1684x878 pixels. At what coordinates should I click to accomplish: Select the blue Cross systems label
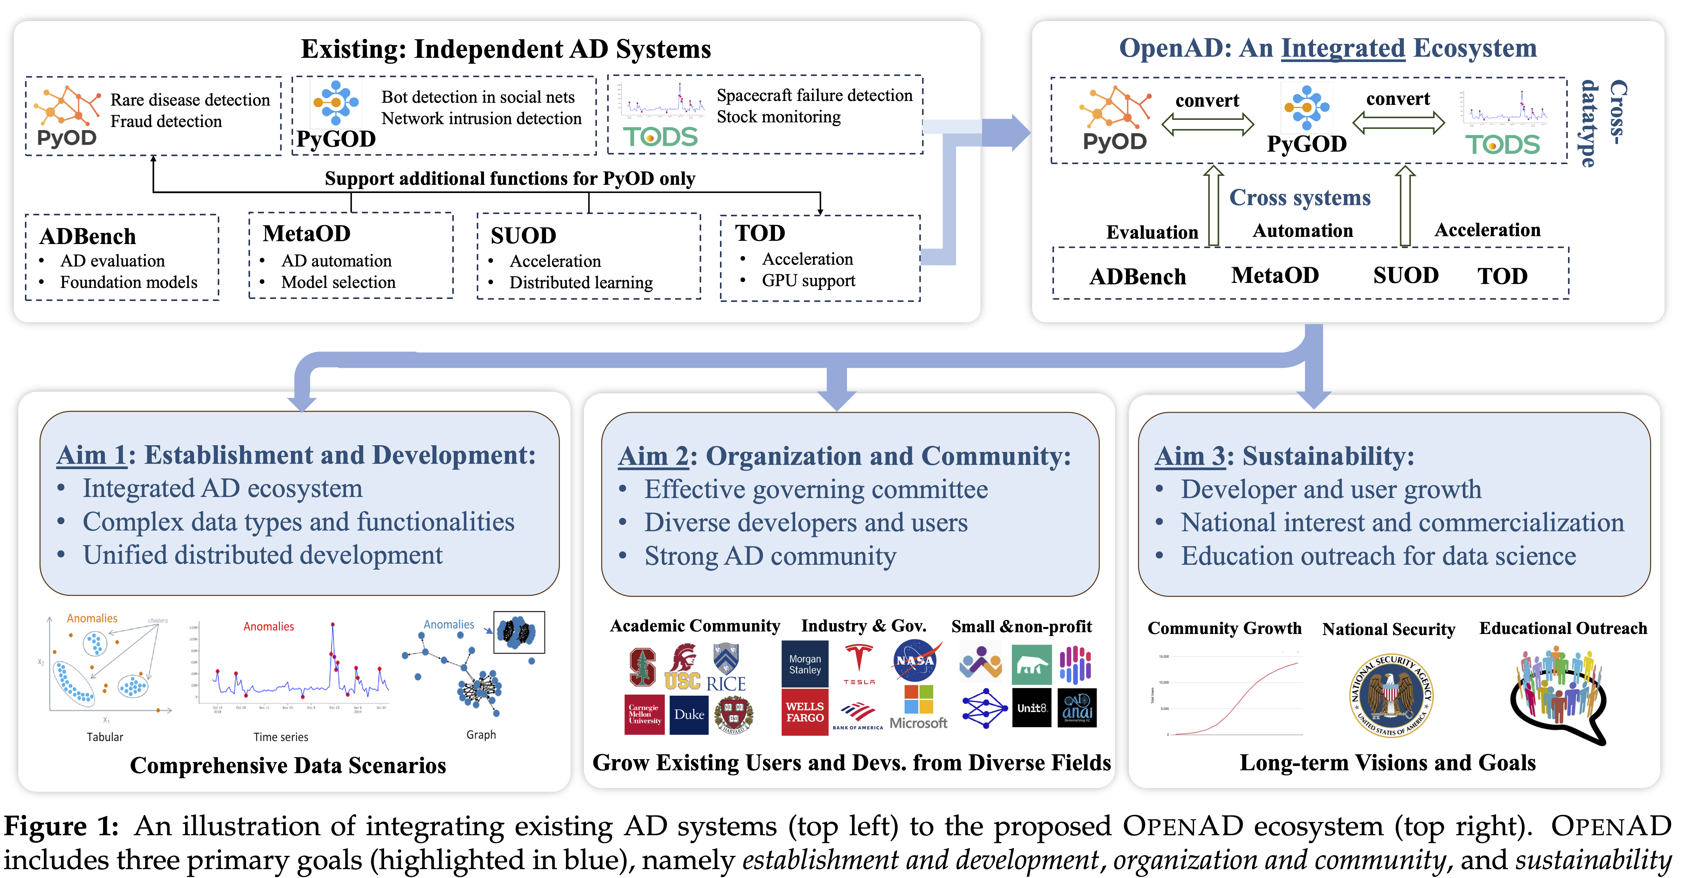pos(1300,197)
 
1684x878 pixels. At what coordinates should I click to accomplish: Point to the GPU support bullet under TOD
pos(808,280)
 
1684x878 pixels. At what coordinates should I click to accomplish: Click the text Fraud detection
pos(166,122)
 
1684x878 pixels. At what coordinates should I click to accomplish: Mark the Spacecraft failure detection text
pos(814,96)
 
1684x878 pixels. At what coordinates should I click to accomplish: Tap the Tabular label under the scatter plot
pos(104,737)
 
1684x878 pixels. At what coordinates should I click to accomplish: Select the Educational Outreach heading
pos(1562,628)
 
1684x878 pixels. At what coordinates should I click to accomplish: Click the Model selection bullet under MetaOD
pos(338,283)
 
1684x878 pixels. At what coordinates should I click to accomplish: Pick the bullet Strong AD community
pos(770,556)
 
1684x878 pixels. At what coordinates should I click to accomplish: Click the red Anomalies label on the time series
pos(268,626)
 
